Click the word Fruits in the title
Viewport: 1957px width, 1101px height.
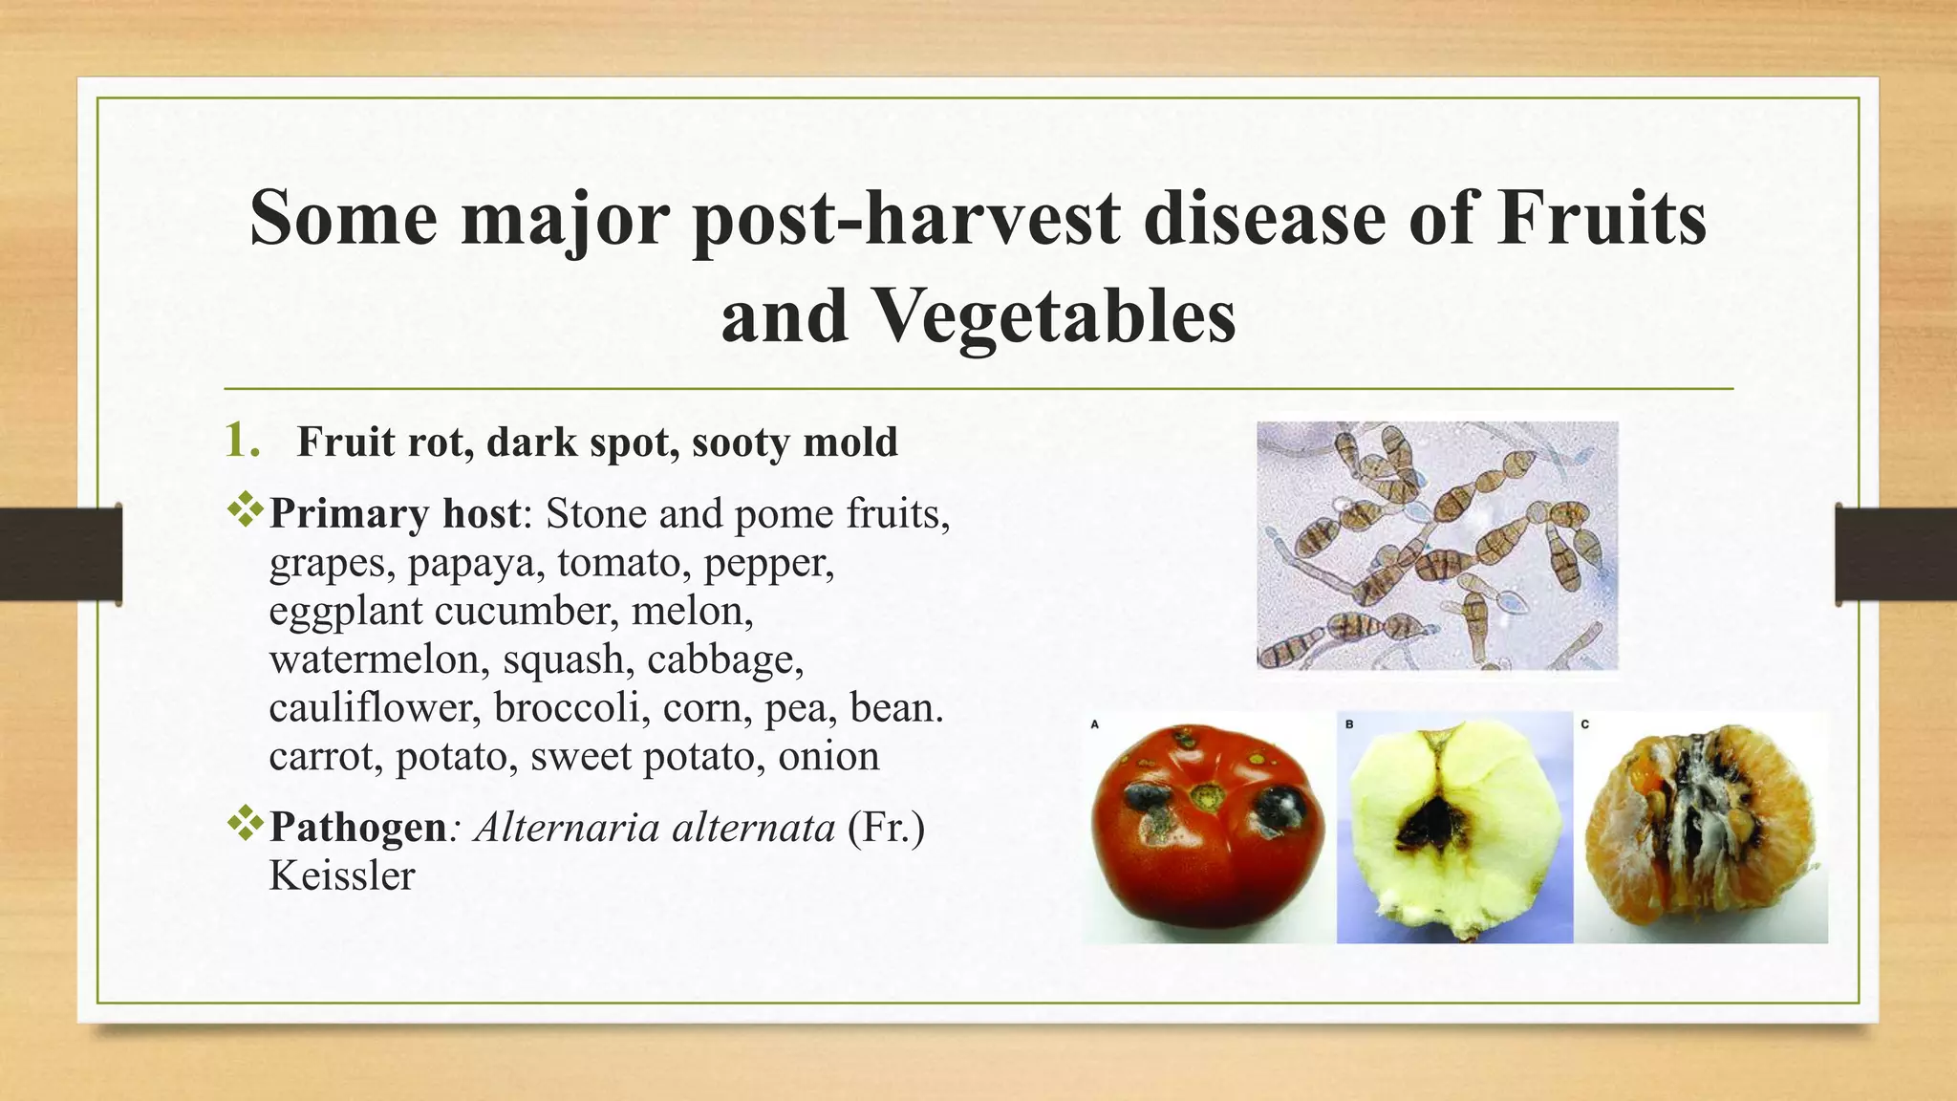tap(1602, 218)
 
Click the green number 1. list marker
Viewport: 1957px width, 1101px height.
tap(242, 441)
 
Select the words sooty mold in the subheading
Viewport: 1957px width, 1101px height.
tap(794, 443)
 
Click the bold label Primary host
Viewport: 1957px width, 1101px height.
tap(395, 514)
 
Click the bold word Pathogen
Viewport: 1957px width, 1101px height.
tap(357, 828)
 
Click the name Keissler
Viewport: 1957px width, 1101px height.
tap(342, 876)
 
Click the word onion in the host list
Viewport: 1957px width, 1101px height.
tap(828, 757)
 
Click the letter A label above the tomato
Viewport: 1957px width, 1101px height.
tap(1095, 724)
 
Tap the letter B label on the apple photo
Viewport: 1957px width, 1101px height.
tap(1349, 724)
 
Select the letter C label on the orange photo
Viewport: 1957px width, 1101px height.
tap(1584, 724)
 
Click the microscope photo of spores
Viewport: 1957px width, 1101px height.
tap(1437, 545)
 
